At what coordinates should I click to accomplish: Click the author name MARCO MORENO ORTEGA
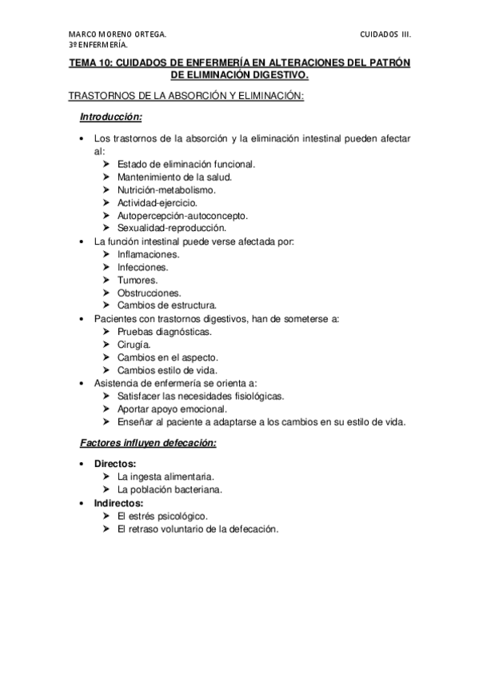pyautogui.click(x=117, y=35)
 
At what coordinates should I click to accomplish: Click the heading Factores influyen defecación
pyautogui.click(x=149, y=443)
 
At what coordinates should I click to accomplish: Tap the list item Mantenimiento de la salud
pyautogui.click(x=174, y=177)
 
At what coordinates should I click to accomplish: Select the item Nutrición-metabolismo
pyautogui.click(x=166, y=189)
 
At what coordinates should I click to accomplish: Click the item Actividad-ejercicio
pyautogui.click(x=157, y=202)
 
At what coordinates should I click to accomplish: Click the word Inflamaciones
pyautogui.click(x=148, y=253)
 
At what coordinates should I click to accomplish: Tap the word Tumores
pyautogui.click(x=137, y=279)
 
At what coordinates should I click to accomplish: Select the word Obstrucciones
pyautogui.click(x=149, y=292)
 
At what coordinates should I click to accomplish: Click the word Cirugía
pyautogui.click(x=134, y=344)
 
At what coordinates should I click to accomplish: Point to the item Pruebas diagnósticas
pyautogui.click(x=164, y=331)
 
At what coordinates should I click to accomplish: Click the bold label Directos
pyautogui.click(x=115, y=464)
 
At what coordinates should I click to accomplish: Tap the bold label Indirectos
pyautogui.click(x=119, y=503)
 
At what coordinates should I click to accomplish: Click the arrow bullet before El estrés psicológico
pyautogui.click(x=106, y=516)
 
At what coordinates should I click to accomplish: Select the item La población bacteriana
pyautogui.click(x=170, y=489)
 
